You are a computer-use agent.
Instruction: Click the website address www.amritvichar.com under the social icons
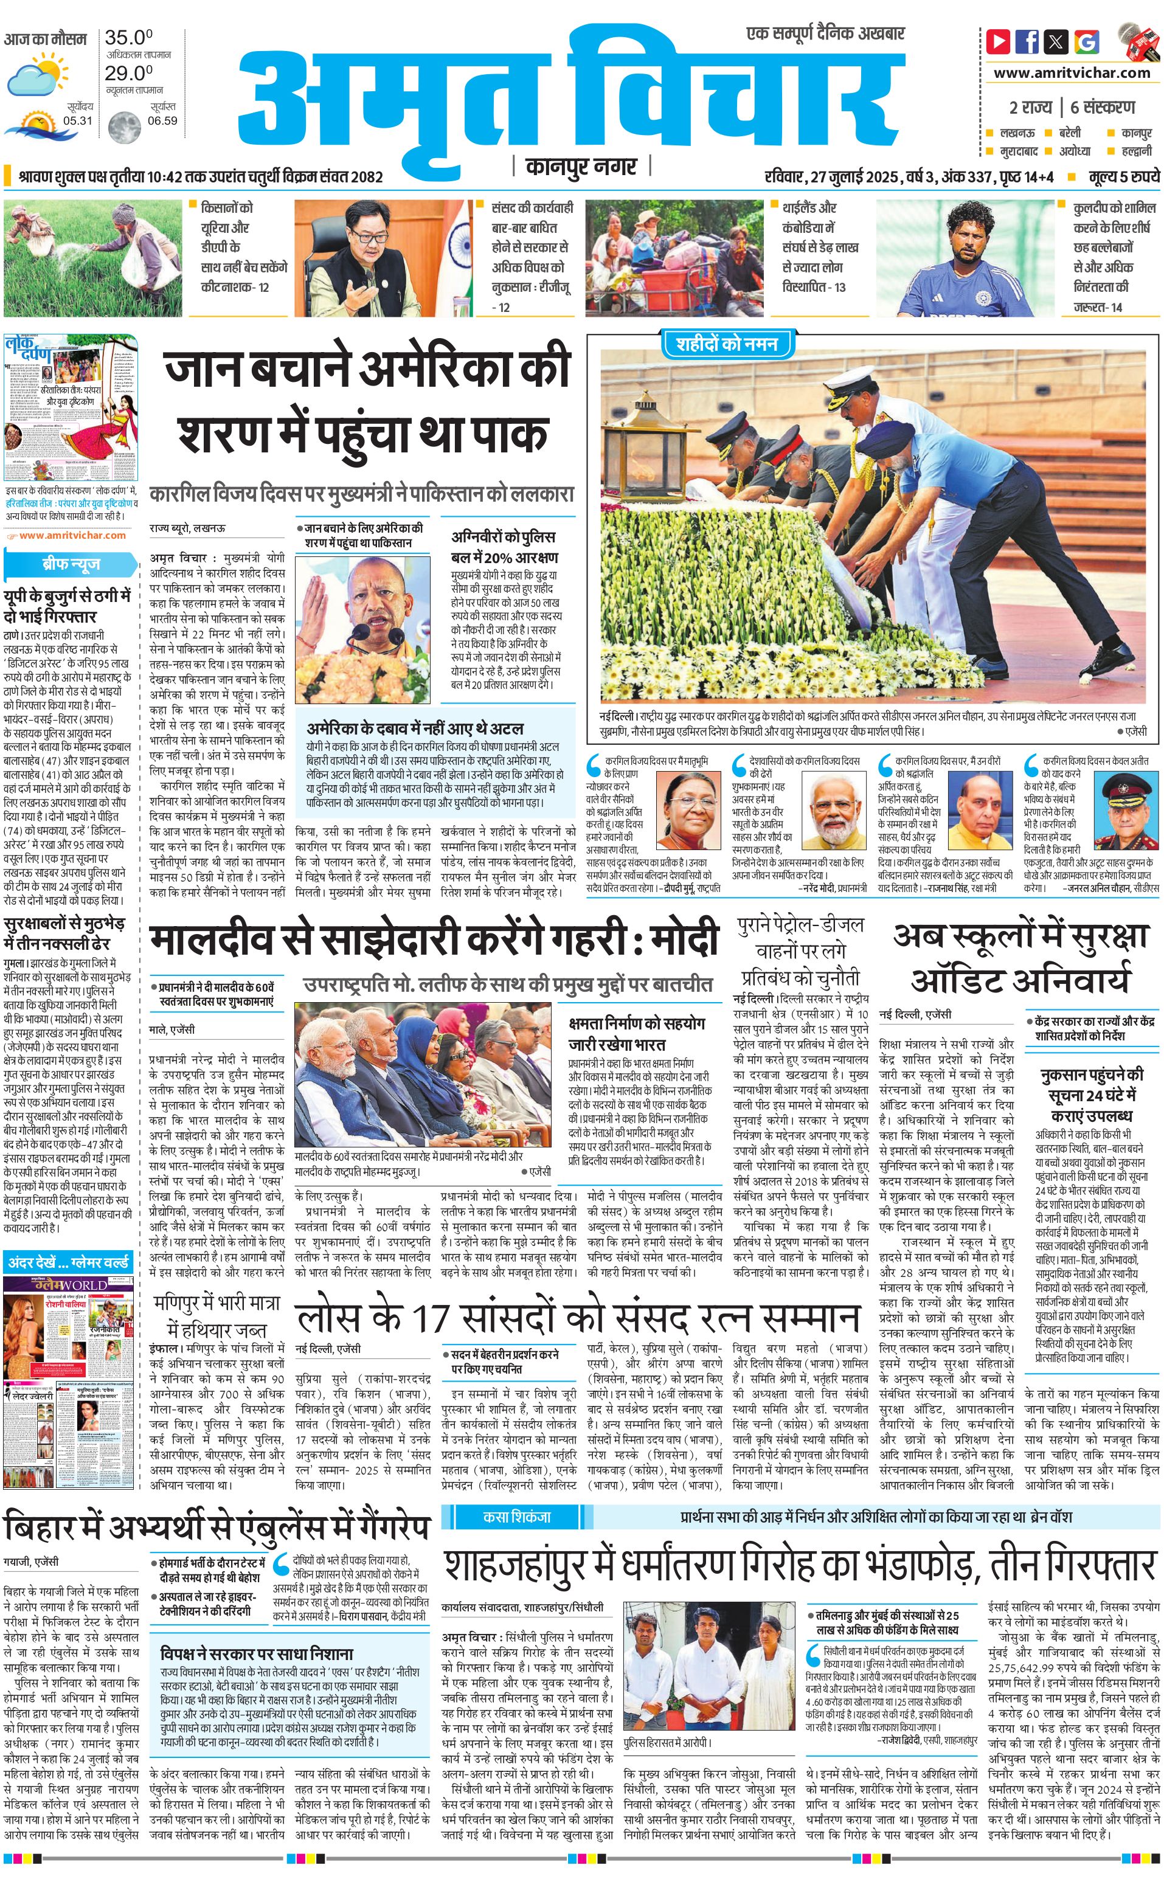coord(1072,73)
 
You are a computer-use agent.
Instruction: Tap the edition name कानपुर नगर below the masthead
coord(581,166)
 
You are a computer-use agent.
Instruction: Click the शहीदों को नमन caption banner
coord(726,344)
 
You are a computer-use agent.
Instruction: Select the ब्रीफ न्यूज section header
coord(71,564)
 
